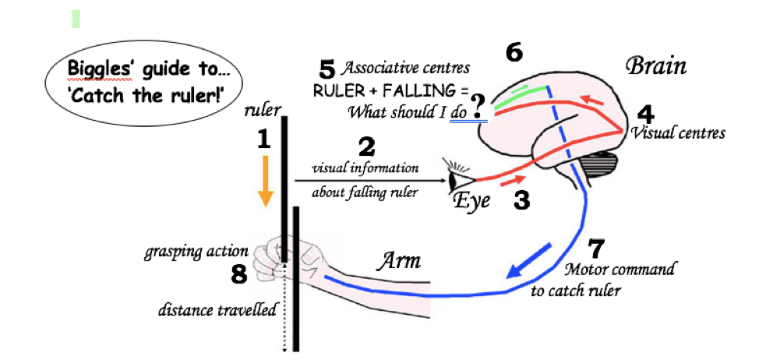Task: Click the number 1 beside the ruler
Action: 263,139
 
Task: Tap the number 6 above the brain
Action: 514,53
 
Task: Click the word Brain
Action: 657,66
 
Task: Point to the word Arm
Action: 399,261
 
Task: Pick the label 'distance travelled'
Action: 216,311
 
